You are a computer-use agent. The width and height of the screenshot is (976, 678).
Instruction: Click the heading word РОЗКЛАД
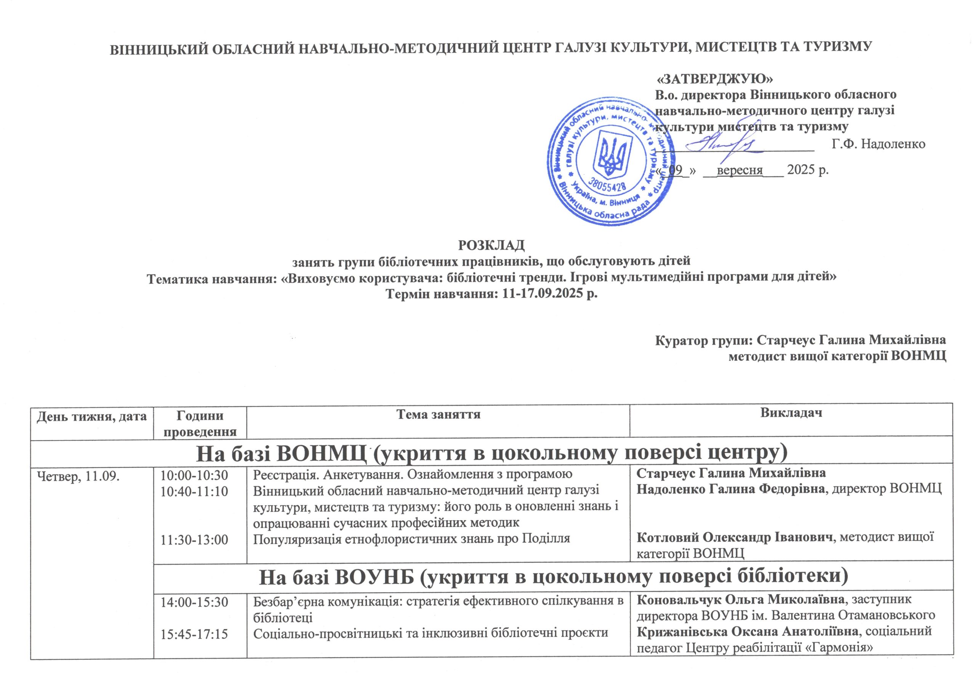click(x=491, y=245)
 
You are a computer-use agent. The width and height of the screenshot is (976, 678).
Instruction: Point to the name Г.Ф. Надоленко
click(x=878, y=144)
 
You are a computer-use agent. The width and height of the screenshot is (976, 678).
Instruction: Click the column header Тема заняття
click(x=438, y=414)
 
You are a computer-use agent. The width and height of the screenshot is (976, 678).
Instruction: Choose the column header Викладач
click(x=791, y=413)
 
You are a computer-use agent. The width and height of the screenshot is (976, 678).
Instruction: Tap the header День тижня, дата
click(x=92, y=416)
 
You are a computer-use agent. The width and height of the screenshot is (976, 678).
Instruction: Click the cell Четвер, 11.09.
click(x=79, y=476)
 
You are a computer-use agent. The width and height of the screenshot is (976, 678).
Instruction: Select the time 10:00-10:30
click(x=194, y=475)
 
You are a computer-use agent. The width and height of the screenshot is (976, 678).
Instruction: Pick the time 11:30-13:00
click(x=194, y=540)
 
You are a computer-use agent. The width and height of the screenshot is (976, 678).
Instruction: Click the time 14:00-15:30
click(x=194, y=602)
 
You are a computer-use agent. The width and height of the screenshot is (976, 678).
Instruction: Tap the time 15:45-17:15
click(x=194, y=634)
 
